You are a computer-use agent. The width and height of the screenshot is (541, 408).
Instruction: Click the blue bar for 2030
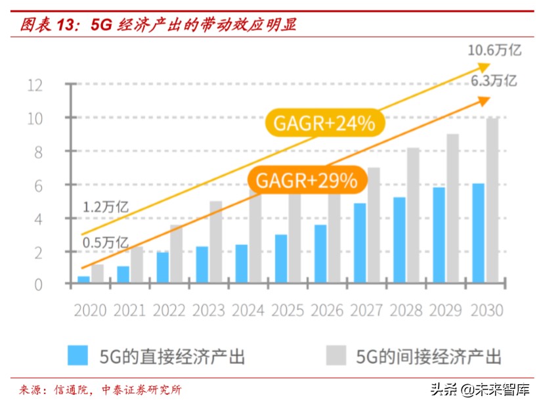pyautogui.click(x=478, y=234)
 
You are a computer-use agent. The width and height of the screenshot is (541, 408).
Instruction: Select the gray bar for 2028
pyautogui.click(x=413, y=216)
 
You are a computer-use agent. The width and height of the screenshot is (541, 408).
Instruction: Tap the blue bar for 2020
pyautogui.click(x=84, y=281)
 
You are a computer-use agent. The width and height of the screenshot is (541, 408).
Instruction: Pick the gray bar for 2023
pyautogui.click(x=216, y=242)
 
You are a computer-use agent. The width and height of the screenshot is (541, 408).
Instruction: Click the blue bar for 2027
pyautogui.click(x=360, y=244)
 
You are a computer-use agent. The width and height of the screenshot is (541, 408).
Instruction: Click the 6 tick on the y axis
pyautogui.click(x=39, y=185)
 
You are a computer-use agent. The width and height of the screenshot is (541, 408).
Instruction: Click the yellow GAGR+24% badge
pyautogui.click(x=324, y=123)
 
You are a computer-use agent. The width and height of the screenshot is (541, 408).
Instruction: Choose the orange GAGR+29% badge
pyautogui.click(x=305, y=179)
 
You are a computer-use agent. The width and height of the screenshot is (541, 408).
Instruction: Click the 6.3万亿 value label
pyautogui.click(x=493, y=81)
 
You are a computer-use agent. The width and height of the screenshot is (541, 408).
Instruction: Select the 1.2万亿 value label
pyautogui.click(x=105, y=208)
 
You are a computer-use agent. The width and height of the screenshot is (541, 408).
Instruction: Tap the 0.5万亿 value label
pyautogui.click(x=105, y=242)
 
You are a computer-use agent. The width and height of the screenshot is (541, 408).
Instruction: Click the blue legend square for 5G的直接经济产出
pyautogui.click(x=77, y=355)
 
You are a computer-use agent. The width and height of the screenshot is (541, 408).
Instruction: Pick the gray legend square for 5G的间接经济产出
pyautogui.click(x=335, y=355)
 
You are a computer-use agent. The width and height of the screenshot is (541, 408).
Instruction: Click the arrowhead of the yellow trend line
pyautogui.click(x=484, y=66)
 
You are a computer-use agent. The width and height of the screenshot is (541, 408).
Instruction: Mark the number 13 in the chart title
pyautogui.click(x=68, y=25)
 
